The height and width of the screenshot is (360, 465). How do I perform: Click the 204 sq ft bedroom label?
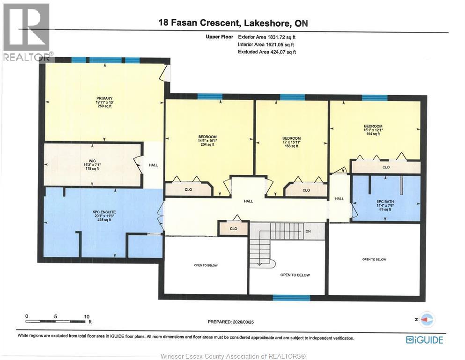207,141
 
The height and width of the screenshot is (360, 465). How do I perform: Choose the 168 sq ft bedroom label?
292,142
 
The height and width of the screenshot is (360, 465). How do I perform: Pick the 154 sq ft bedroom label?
373,130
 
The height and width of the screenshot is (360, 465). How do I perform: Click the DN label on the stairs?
308,231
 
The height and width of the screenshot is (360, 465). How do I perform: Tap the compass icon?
427,319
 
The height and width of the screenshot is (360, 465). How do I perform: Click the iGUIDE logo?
424,340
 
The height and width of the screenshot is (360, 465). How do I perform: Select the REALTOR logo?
26,32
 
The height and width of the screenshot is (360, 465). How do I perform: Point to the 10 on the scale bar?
87,316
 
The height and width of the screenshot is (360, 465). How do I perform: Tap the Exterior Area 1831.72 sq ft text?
267,37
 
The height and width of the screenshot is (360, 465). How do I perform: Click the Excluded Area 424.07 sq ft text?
267,52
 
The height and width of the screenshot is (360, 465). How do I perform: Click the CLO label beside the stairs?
234,229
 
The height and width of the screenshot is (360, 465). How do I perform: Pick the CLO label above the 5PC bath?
386,167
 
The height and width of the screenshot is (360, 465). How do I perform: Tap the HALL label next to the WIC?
153,165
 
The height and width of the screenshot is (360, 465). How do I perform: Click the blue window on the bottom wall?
291,297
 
